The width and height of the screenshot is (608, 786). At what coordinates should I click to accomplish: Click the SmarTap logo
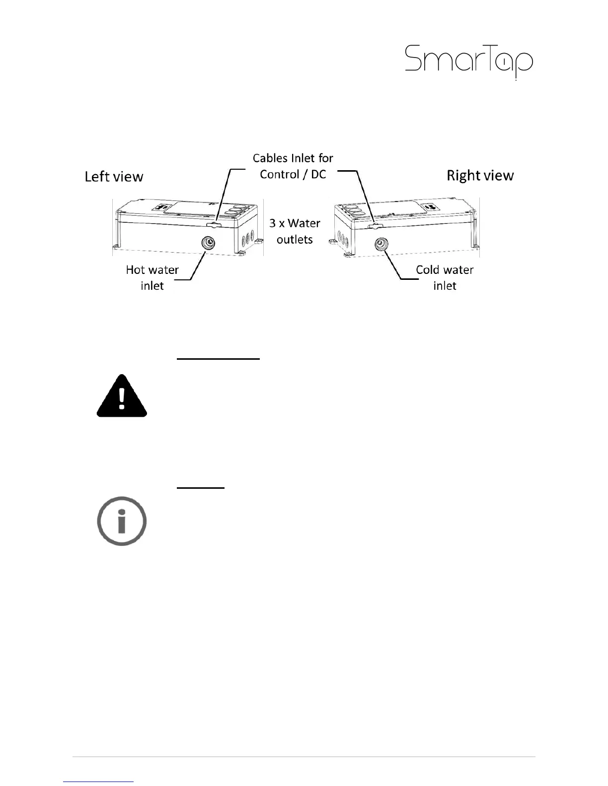(x=469, y=62)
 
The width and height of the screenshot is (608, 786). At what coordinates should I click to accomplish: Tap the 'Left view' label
(x=114, y=177)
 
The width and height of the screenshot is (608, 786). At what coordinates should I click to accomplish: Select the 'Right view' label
(x=480, y=176)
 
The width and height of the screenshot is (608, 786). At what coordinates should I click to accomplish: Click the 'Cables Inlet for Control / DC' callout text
(x=293, y=166)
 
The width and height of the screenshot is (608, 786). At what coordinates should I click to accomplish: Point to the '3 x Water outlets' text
(x=295, y=231)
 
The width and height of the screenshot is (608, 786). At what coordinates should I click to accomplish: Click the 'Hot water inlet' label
(x=152, y=277)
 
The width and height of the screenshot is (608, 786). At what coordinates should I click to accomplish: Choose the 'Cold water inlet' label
(x=445, y=277)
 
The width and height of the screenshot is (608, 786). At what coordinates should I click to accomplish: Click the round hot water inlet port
(x=208, y=243)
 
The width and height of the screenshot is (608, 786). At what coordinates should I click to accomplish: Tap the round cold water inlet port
(x=381, y=244)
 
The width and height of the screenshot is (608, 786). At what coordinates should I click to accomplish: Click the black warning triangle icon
(x=122, y=396)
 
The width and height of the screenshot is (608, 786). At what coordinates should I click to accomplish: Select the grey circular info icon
(x=122, y=521)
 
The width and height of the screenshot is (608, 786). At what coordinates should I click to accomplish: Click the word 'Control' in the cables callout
(x=279, y=174)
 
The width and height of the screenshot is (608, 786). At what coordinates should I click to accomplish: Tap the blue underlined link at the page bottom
(x=99, y=782)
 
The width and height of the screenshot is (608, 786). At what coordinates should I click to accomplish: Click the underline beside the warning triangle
(x=219, y=358)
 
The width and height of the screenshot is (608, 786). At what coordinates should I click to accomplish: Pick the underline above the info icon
(x=201, y=488)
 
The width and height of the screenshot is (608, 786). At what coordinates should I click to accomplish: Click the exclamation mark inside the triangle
(x=122, y=398)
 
